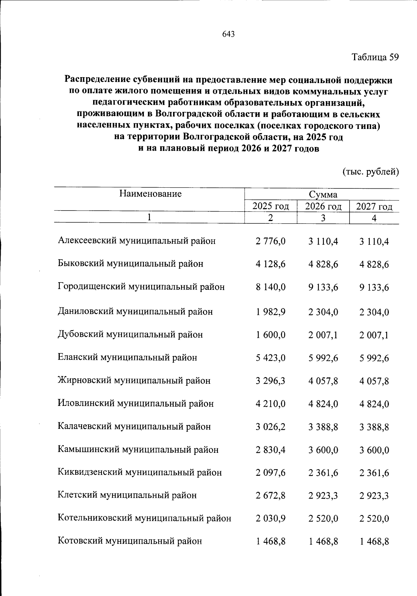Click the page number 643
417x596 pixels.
click(228, 34)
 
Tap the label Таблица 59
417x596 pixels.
click(375, 57)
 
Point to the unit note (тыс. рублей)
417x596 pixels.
click(370, 172)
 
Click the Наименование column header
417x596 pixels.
click(150, 194)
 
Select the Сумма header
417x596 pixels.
click(323, 194)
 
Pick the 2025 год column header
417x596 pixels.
click(271, 206)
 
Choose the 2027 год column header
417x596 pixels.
click(374, 207)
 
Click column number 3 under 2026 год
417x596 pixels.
click(323, 218)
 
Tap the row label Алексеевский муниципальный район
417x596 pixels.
click(137, 241)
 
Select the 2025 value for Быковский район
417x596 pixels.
click(270, 264)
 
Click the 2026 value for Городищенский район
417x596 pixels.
click(323, 287)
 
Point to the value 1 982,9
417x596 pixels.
click(270, 312)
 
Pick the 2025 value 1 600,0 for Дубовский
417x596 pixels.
click(270, 335)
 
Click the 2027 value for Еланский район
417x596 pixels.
click(374, 358)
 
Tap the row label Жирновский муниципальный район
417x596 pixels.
click(134, 381)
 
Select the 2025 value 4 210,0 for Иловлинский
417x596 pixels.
click(270, 404)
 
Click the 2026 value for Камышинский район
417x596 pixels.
click(323, 450)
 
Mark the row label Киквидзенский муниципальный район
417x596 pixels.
click(140, 473)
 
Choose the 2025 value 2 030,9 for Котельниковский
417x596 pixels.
click(270, 519)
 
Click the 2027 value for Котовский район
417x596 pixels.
click(374, 541)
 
